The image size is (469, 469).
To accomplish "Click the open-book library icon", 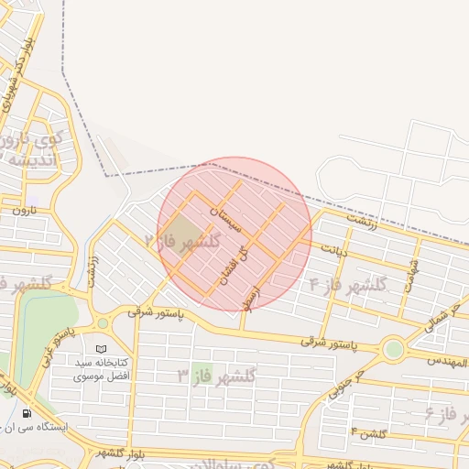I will point(101,350).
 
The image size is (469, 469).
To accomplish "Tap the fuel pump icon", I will point(26,413).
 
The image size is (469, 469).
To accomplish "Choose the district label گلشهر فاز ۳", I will point(217,375).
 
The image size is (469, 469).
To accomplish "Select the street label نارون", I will point(22,211).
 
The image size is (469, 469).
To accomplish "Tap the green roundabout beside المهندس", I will point(394,349).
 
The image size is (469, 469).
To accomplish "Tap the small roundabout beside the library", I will point(102,322).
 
